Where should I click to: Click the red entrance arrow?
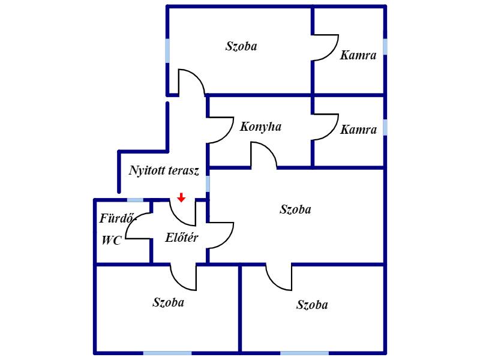tap(182, 197)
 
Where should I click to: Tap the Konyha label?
tap(260, 127)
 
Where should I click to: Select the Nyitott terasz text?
tap(164, 170)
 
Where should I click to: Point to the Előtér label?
tap(182, 238)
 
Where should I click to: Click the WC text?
tap(112, 241)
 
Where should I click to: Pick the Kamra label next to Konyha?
tap(358, 130)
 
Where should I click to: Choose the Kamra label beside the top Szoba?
tap(358, 55)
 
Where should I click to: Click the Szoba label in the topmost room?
tap(241, 46)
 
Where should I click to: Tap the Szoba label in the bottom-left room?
tap(169, 302)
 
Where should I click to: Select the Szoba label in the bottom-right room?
tap(312, 305)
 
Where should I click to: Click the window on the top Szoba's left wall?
tap(167, 51)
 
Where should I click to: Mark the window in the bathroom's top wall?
tap(136, 200)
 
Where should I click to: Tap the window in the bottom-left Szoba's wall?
tap(167, 353)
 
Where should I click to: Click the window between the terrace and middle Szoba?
tap(208, 184)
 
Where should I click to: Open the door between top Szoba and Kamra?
tap(325, 48)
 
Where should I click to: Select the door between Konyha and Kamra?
tap(325, 127)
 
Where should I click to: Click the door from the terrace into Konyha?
tap(220, 130)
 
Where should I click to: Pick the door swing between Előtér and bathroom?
tap(139, 226)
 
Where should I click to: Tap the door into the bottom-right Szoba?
tap(279, 277)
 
